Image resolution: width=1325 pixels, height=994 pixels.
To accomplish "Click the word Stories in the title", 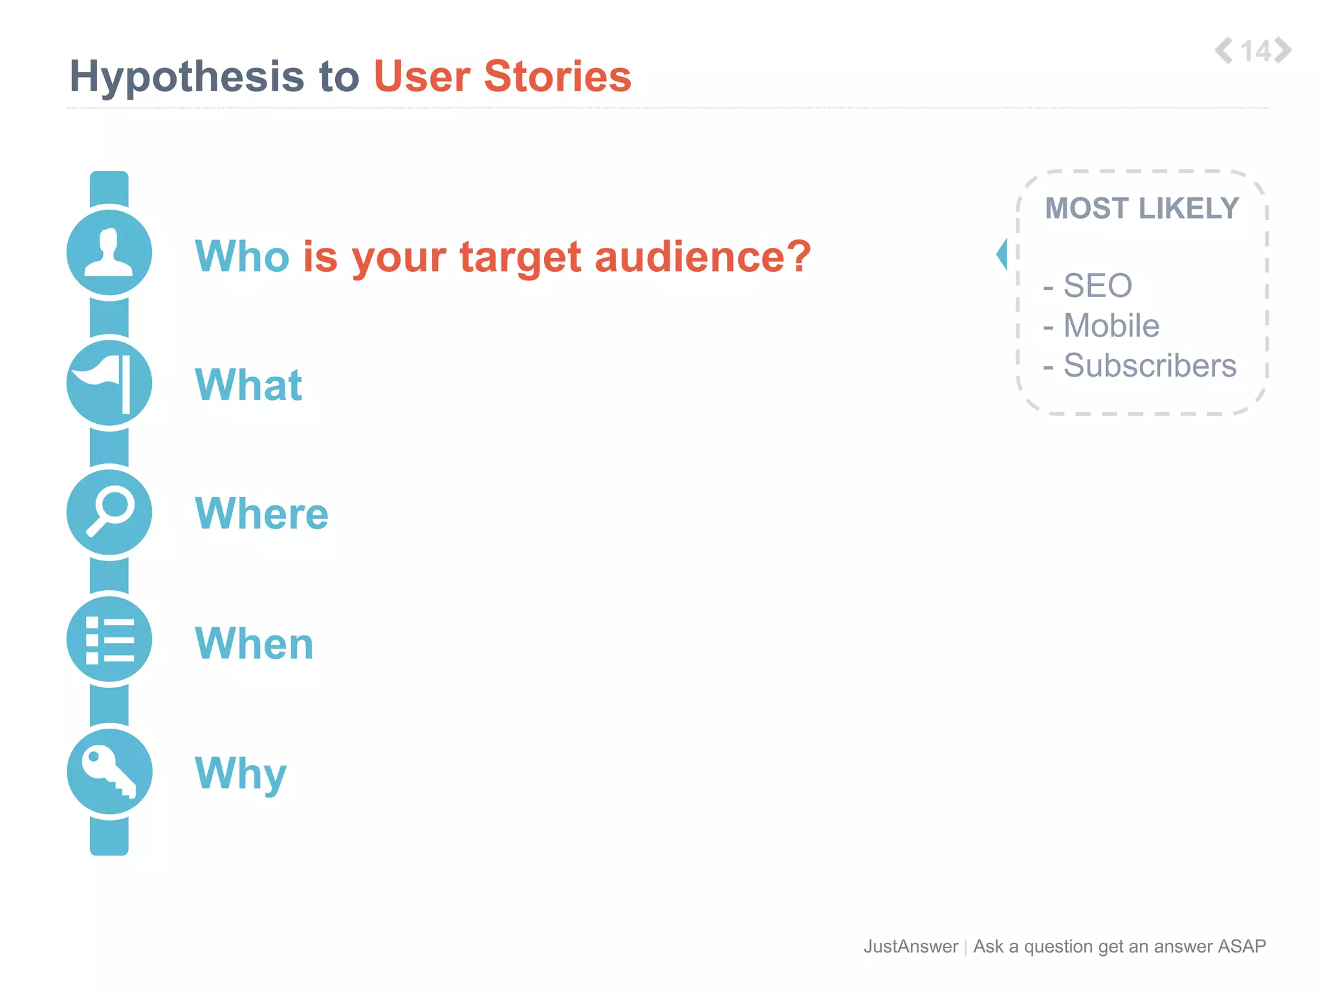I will (x=557, y=76).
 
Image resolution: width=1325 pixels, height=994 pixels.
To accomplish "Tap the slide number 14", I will (x=1255, y=51).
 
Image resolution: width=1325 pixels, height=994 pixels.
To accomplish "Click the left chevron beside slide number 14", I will (x=1223, y=50).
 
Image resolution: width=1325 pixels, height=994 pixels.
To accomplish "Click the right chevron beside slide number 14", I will (x=1283, y=50).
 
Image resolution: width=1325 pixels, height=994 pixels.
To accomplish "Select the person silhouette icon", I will (x=109, y=253).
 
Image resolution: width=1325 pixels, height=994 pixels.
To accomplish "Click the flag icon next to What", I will (x=109, y=382).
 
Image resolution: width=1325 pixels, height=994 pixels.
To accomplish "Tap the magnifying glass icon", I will (x=109, y=512).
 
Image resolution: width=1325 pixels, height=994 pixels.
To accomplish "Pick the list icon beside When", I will (x=109, y=640).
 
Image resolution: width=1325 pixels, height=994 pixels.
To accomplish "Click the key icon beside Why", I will (x=109, y=771).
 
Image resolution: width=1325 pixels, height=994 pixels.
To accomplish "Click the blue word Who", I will (x=242, y=256).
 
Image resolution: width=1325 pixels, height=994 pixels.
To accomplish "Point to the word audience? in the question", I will (x=702, y=256).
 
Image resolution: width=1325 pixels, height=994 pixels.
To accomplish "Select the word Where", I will (x=261, y=514).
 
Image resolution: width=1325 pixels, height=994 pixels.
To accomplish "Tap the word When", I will (x=254, y=644).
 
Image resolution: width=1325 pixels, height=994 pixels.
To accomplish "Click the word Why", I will (x=241, y=774).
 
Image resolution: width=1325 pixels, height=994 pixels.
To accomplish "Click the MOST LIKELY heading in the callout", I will (x=1142, y=209).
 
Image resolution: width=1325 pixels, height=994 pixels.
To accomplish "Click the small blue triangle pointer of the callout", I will (x=1002, y=254).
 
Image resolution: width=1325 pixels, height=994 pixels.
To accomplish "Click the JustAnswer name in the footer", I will (x=910, y=946).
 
